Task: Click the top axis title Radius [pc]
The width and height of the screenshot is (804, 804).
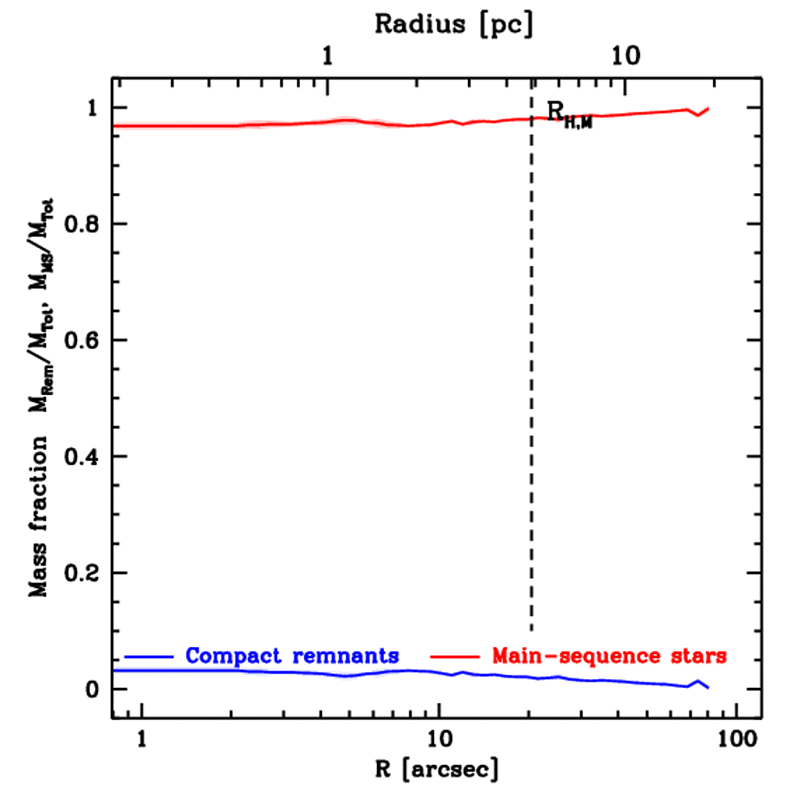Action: (x=453, y=24)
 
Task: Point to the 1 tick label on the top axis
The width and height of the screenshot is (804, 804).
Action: (x=328, y=57)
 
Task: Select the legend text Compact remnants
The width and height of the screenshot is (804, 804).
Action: (x=292, y=655)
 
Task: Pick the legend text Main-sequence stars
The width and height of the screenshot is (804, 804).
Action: (x=608, y=655)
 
